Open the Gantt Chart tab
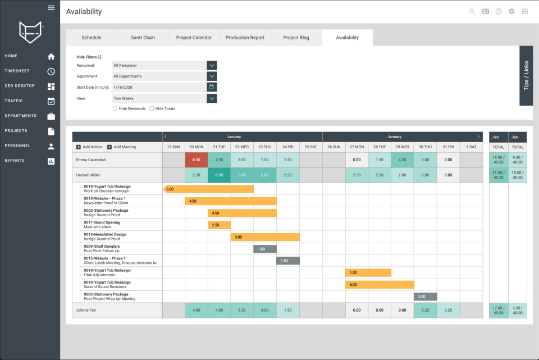pyautogui.click(x=143, y=38)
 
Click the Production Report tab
pyautogui.click(x=245, y=38)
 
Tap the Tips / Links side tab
pyautogui.click(x=526, y=76)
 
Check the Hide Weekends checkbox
pyautogui.click(x=115, y=108)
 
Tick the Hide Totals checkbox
pyautogui.click(x=152, y=108)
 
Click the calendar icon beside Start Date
pyautogui.click(x=212, y=87)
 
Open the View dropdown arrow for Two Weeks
pyautogui.click(x=212, y=98)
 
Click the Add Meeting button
pyautogui.click(x=122, y=147)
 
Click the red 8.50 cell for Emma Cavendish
pyautogui.click(x=197, y=160)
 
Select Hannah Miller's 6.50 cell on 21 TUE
pyautogui.click(x=219, y=175)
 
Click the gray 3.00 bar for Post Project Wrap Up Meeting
pyautogui.click(x=425, y=297)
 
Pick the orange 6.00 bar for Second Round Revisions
pyautogui.click(x=380, y=285)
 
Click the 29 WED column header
pyautogui.click(x=402, y=147)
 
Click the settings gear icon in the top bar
pyautogui.click(x=511, y=11)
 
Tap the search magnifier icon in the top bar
pyautogui.click(x=472, y=11)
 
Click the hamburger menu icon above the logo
pyautogui.click(x=51, y=8)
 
